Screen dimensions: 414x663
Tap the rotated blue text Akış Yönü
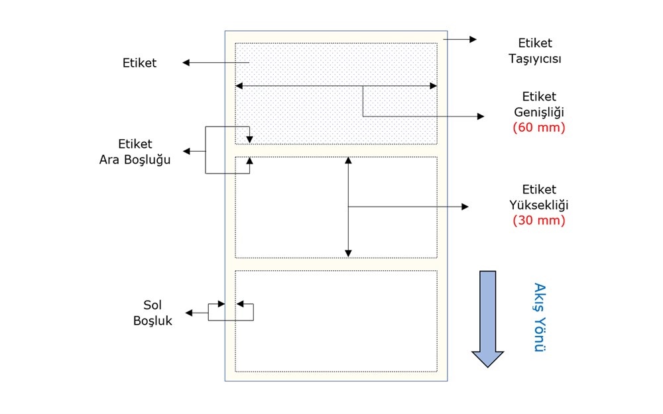click(539, 317)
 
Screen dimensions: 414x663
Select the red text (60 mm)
click(538, 128)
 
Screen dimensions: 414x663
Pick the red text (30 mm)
click(538, 221)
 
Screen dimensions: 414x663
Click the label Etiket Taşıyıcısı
click(534, 51)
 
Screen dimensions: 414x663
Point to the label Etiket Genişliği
click(538, 103)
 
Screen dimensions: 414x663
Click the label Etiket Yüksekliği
click(538, 197)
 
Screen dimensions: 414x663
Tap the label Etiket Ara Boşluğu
click(135, 152)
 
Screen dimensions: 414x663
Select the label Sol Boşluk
click(152, 313)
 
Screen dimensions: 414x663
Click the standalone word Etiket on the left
click(139, 63)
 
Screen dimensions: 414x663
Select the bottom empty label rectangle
click(335, 321)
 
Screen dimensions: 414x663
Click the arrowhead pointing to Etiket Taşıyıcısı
click(473, 40)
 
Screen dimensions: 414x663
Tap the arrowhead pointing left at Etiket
click(186, 63)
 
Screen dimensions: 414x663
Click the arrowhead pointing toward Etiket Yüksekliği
click(465, 207)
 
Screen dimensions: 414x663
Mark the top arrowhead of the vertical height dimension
click(348, 160)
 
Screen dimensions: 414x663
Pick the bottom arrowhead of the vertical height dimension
click(348, 253)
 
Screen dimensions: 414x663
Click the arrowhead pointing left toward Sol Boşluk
click(189, 312)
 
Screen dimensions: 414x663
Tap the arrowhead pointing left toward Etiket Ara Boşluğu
click(187, 152)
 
